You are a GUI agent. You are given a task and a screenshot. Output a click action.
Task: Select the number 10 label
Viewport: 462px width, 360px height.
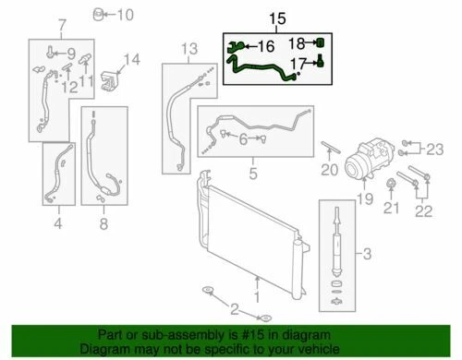pyautogui.click(x=124, y=14)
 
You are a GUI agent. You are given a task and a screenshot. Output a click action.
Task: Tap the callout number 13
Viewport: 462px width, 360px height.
pyautogui.click(x=188, y=48)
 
